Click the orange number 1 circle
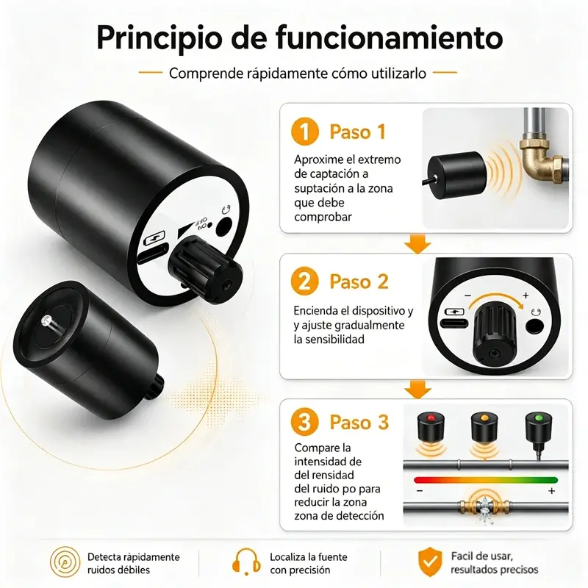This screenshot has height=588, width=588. (304, 132)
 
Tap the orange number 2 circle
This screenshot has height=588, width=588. (304, 282)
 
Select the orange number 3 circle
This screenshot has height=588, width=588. (304, 422)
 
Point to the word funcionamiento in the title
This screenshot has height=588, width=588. (390, 37)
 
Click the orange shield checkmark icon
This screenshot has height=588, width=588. (430, 562)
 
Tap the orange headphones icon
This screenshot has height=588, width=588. (246, 562)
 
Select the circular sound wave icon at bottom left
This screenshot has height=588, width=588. (65, 562)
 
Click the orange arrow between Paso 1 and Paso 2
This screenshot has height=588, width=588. (417, 244)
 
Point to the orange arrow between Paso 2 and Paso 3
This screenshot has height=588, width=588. (417, 390)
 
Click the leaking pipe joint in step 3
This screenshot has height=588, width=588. (484, 507)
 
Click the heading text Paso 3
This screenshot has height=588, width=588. (359, 422)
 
